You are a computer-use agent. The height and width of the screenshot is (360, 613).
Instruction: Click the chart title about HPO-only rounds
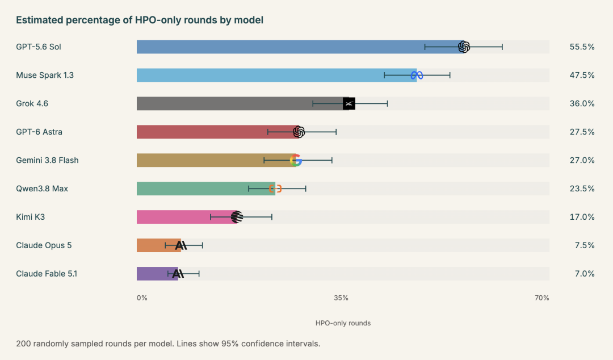[x=140, y=20]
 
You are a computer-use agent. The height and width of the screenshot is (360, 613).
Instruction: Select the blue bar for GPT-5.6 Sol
[x=300, y=47]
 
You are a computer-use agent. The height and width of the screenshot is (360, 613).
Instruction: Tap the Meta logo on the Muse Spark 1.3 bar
[x=417, y=75]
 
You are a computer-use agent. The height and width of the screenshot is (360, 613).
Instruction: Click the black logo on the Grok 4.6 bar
[x=349, y=104]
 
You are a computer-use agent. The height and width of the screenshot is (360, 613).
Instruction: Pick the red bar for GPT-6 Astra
[x=218, y=132]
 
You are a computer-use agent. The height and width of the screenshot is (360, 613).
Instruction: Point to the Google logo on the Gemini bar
[x=296, y=161]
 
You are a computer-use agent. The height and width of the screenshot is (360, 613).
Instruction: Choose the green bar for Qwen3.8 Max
[x=206, y=189]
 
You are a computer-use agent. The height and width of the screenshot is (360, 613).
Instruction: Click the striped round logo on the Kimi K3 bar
[x=237, y=217]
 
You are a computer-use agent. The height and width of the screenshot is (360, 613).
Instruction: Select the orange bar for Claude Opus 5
[x=159, y=245]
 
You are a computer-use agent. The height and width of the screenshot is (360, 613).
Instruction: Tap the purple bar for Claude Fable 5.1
[x=158, y=274]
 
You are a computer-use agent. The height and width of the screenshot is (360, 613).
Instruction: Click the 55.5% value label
[x=582, y=47]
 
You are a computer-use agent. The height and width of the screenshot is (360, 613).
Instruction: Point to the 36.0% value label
[x=582, y=104]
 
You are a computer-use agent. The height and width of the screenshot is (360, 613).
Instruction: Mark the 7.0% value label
[x=585, y=274]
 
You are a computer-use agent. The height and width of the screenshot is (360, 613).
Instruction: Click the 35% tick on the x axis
[x=341, y=298]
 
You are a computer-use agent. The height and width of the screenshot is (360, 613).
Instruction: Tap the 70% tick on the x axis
[x=542, y=298]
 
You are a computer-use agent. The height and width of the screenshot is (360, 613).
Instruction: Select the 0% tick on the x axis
[x=142, y=298]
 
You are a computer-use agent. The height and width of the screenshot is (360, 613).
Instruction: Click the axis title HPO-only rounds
[x=343, y=323]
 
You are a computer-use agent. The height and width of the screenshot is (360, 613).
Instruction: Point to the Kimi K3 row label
[x=31, y=217]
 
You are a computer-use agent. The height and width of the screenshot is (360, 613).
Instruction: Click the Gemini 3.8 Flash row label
[x=47, y=161]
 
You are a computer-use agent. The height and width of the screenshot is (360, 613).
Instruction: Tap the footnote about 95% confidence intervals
[x=168, y=344]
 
